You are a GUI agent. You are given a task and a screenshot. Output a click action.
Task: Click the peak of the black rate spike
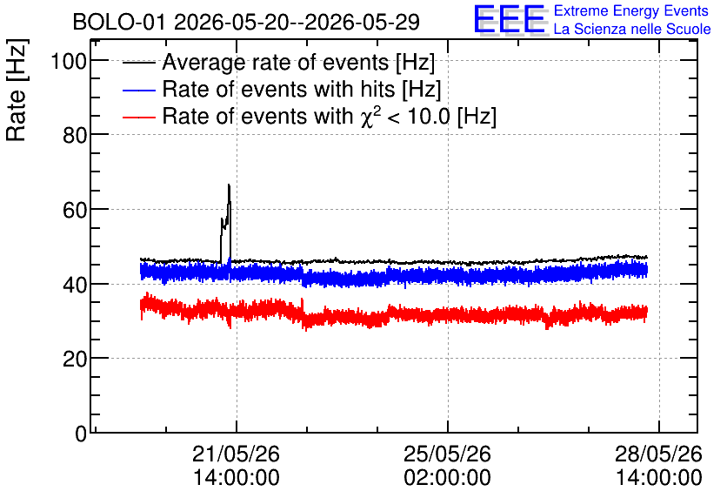coord(229,185)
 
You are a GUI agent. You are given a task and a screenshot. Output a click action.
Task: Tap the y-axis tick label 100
coord(69,61)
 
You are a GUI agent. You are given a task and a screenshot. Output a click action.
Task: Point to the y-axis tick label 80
coord(75,136)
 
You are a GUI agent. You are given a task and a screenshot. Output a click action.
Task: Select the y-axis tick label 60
coord(75,210)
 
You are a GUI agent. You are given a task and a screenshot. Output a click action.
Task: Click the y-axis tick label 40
coord(75,285)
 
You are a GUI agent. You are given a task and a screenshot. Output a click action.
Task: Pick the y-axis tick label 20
coord(75,359)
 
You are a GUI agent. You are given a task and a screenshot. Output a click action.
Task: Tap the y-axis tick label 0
coord(81,434)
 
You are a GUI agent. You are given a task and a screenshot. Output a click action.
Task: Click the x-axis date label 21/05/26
coord(236,454)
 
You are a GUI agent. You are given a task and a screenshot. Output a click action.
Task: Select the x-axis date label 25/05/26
coord(448,454)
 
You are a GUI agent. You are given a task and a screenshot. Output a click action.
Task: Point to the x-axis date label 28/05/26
coord(659,454)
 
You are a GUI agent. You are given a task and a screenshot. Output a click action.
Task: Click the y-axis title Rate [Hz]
coord(17,90)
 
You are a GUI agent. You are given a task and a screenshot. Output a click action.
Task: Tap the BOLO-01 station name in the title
coord(119,22)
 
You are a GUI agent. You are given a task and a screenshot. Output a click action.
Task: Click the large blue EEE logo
coord(510,20)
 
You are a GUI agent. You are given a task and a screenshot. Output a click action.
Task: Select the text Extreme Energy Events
coord(631,10)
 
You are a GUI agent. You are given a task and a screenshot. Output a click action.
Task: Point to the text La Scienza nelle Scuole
coord(632,29)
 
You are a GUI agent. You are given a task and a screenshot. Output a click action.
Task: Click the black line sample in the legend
coord(139,63)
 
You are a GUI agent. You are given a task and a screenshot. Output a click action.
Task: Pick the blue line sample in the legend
coord(139,90)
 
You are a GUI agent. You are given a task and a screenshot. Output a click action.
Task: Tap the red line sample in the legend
coord(139,117)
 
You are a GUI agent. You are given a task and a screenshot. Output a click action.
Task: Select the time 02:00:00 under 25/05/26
coord(448,478)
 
